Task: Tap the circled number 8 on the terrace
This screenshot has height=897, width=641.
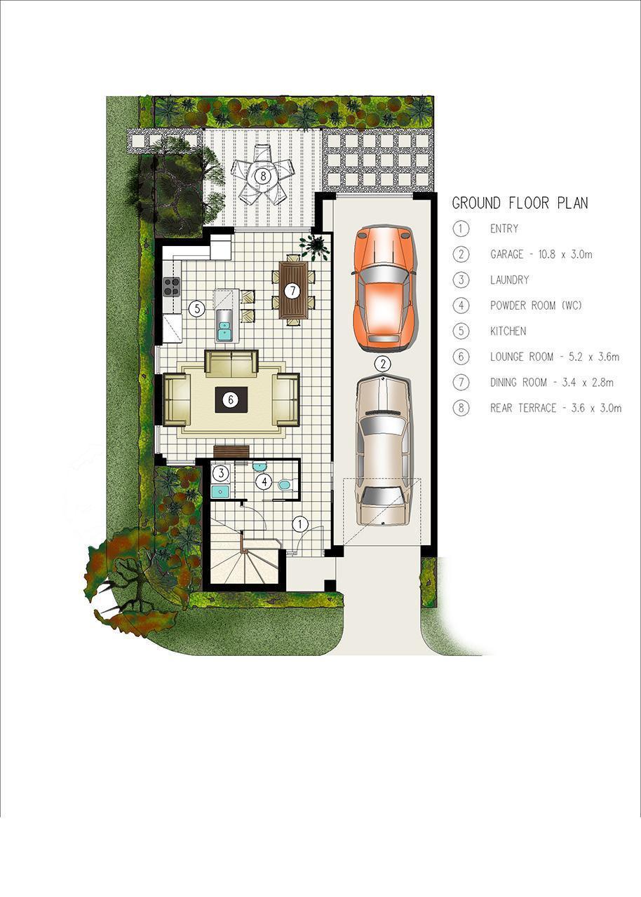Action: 263,175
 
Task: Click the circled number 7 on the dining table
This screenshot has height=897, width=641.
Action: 293,291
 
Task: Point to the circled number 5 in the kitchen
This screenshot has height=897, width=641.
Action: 196,308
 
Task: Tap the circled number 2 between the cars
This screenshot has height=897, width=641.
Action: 384,364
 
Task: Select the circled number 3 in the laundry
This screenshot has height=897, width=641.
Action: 220,473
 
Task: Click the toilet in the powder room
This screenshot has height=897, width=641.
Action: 288,486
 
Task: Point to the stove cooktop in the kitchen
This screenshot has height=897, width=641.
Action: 171,287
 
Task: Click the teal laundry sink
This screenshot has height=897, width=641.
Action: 220,491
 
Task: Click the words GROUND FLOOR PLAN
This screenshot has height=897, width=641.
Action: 520,203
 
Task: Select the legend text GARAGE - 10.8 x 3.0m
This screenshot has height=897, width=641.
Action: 541,254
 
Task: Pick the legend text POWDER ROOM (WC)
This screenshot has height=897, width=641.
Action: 536,306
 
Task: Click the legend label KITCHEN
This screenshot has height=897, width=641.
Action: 508,331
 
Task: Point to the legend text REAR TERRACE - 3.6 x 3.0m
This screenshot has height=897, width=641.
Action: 555,408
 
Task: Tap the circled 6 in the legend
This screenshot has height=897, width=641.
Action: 461,357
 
